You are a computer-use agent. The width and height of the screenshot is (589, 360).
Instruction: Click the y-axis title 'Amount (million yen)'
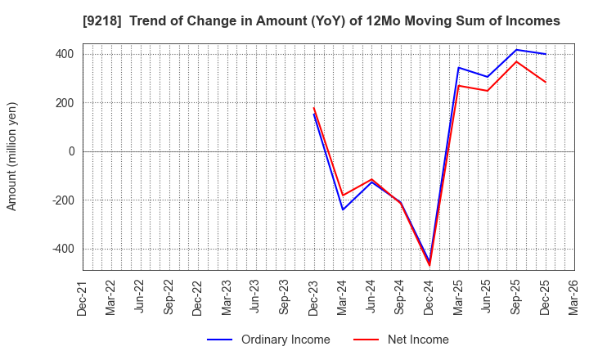pyautogui.click(x=12, y=156)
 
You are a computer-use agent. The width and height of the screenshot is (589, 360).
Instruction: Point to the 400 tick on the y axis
pyautogui.click(x=65, y=54)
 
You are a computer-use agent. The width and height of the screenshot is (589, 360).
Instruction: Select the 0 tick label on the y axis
pyautogui.click(x=71, y=151)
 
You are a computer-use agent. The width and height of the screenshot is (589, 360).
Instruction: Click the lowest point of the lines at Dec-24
pyautogui.click(x=429, y=264)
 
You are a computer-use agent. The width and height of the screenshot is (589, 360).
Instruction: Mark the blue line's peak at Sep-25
pyautogui.click(x=516, y=50)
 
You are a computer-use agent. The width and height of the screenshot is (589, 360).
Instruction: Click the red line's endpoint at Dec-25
pyautogui.click(x=546, y=82)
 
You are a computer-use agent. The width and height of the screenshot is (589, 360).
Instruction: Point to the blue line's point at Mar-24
pyautogui.click(x=343, y=209)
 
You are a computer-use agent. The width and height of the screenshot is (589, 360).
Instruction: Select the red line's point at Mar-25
pyautogui.click(x=458, y=86)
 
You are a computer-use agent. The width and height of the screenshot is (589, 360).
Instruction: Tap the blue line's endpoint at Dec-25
pyautogui.click(x=546, y=54)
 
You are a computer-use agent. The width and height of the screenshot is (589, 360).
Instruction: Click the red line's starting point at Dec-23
pyautogui.click(x=314, y=108)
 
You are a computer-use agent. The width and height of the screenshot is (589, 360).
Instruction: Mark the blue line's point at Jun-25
pyautogui.click(x=488, y=77)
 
